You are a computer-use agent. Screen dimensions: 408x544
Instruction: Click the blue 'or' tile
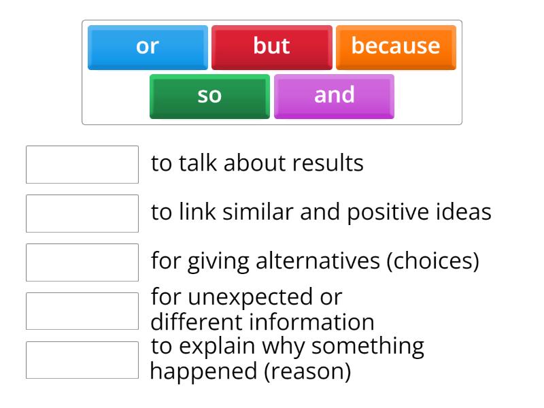coord(148,47)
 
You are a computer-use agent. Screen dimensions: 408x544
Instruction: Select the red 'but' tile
coord(271,47)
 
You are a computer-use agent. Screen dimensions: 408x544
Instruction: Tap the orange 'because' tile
coord(395,47)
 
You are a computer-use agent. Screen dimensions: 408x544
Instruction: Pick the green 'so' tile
coord(209,96)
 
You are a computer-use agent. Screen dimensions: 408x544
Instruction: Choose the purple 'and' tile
coord(334,96)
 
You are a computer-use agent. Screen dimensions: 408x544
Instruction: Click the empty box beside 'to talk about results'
coord(82,164)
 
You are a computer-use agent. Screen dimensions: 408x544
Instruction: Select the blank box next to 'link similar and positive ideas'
coord(82,213)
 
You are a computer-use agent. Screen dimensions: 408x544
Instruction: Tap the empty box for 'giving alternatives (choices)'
coord(82,262)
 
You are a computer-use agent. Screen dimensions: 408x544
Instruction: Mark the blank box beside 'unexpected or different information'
coord(82,311)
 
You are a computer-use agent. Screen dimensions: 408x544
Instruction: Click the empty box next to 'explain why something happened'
coord(82,360)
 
